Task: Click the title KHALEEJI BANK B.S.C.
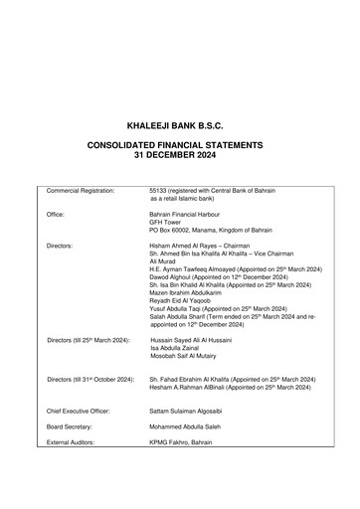click(x=179, y=127)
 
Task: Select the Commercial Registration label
click(x=81, y=189)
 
